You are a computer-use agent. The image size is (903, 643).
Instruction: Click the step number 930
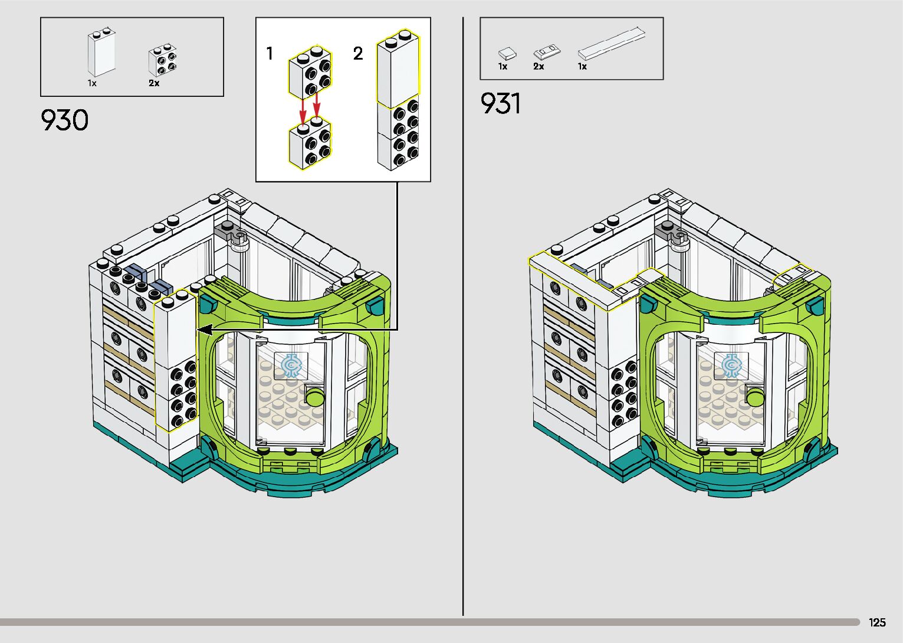tap(65, 120)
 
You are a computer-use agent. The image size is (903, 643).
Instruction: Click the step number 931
tap(501, 104)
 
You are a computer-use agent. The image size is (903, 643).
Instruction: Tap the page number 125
tap(877, 622)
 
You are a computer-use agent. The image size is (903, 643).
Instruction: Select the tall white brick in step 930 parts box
tap(101, 53)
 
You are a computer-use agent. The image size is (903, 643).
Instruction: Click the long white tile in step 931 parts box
tap(611, 44)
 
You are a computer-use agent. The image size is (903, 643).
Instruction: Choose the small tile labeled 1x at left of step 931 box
tap(507, 54)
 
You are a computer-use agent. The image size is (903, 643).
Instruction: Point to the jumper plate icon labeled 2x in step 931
tap(546, 51)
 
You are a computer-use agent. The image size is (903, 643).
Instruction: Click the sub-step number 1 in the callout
tap(270, 54)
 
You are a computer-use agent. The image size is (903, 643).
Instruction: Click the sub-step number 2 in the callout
tap(358, 54)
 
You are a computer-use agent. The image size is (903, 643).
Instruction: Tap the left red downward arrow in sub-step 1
tap(303, 109)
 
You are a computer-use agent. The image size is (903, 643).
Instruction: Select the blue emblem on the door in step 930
tap(290, 365)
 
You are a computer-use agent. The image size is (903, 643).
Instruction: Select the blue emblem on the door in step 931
tap(731, 366)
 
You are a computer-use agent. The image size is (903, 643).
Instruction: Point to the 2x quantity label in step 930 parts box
tap(154, 83)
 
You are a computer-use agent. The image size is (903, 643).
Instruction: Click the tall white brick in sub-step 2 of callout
tap(398, 70)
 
